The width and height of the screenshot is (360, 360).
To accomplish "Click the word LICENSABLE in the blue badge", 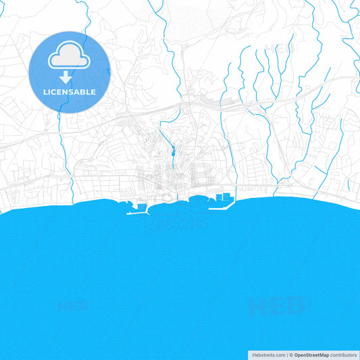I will click(x=70, y=92).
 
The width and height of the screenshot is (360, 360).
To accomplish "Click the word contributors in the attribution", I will click(x=343, y=355).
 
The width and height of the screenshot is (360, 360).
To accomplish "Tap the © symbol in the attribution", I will click(x=290, y=355).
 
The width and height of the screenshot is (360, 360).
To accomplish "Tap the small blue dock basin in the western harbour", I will click(x=141, y=204).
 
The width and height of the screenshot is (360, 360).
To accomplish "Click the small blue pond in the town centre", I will click(x=174, y=153).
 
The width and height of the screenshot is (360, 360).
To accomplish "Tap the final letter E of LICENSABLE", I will click(x=93, y=92).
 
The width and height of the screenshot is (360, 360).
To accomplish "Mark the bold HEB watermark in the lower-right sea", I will click(x=276, y=307).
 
